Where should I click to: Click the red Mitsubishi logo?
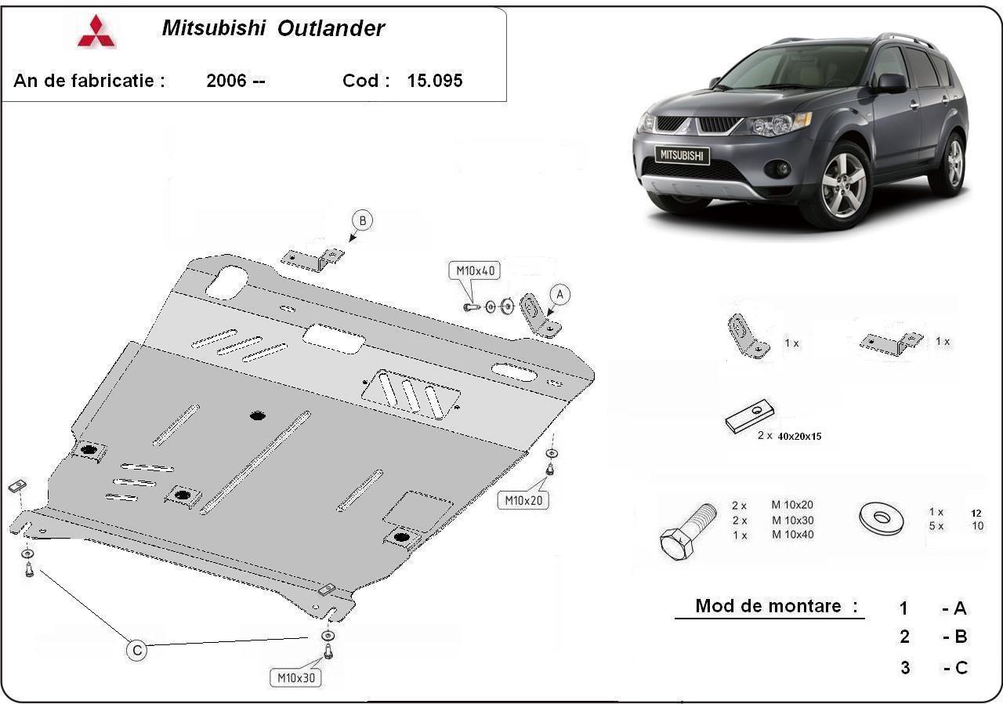click(96, 31)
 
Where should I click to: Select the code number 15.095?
click(435, 81)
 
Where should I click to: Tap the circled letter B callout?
click(362, 221)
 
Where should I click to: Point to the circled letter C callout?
click(137, 650)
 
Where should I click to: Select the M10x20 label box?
click(526, 499)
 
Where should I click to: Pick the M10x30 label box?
click(296, 677)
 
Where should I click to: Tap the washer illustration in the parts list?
click(880, 518)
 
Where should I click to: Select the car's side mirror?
click(891, 83)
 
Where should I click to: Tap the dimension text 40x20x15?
click(799, 436)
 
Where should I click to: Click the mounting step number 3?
click(905, 668)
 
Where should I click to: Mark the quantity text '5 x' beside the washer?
click(936, 526)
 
